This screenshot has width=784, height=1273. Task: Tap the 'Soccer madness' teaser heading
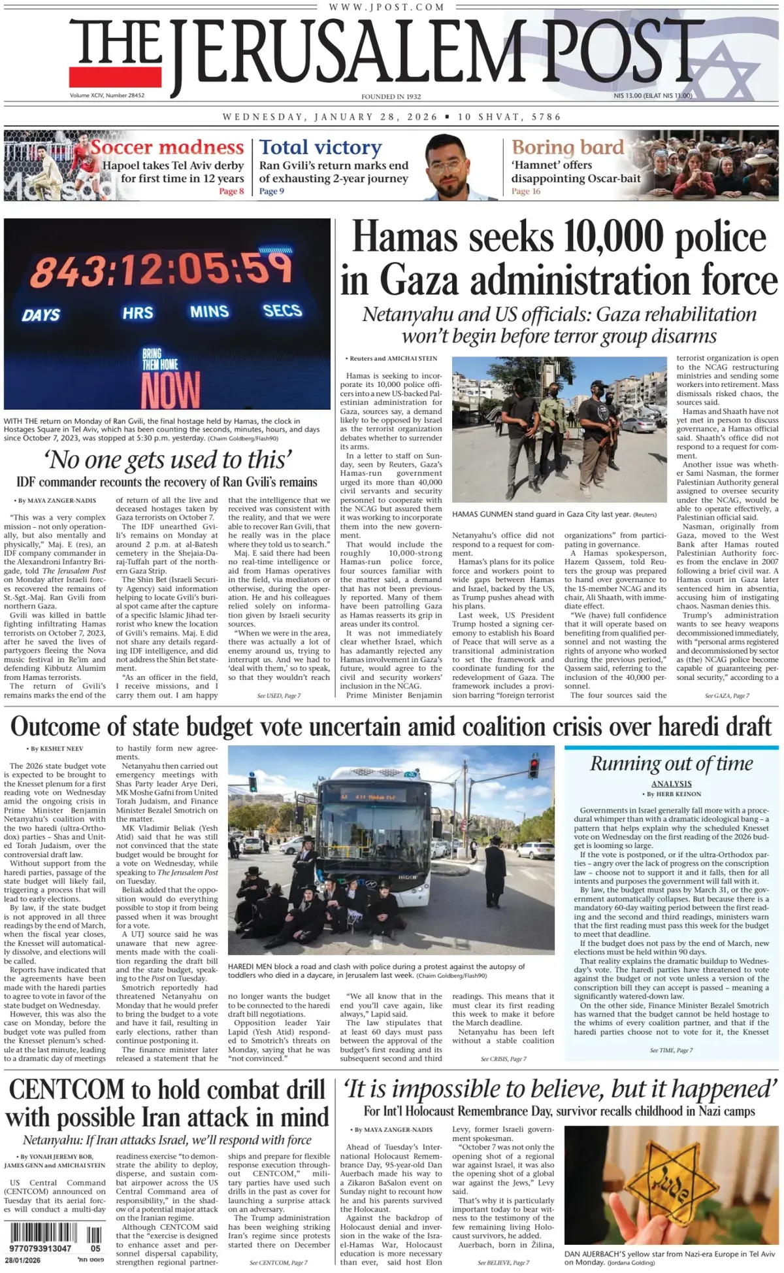pos(167,147)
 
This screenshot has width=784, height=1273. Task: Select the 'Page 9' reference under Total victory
pos(271,192)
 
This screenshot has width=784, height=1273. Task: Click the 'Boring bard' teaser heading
pos(567,147)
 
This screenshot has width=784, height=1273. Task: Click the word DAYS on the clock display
pos(41,315)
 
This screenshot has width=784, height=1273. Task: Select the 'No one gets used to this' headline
pos(167,460)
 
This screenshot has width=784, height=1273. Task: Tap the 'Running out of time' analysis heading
pos(671,764)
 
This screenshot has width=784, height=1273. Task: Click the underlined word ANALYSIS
pos(671,783)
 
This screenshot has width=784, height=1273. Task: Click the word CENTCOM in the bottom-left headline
pos(67,1090)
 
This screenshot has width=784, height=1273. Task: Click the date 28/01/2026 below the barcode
pos(23,1260)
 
